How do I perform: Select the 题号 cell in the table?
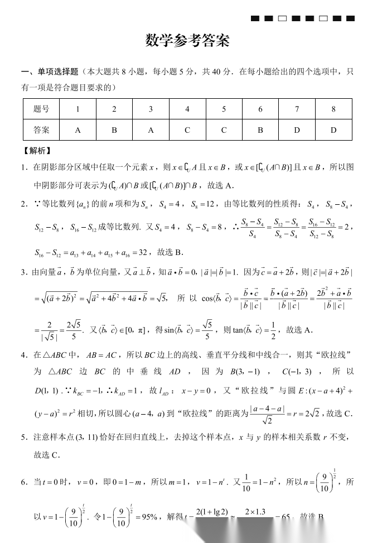tap(41, 109)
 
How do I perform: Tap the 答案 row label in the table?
tap(41, 130)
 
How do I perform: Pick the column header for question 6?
tap(260, 109)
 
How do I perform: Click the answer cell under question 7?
tap(297, 130)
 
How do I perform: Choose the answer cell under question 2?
tap(114, 130)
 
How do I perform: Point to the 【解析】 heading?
tap(37, 150)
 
